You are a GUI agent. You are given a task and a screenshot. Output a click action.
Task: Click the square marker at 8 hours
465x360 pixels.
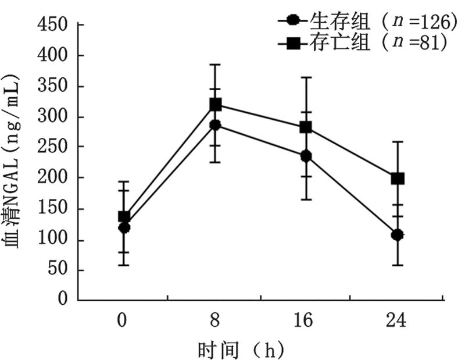215,105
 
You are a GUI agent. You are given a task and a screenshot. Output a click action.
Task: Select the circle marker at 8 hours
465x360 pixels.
215,125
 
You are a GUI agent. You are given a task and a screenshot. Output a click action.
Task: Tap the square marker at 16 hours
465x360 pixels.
305,127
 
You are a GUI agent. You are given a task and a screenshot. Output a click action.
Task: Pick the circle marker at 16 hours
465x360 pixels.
305,156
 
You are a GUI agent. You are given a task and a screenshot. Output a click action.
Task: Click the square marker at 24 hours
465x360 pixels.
398,179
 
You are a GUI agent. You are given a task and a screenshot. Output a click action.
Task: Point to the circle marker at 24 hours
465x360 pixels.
398,235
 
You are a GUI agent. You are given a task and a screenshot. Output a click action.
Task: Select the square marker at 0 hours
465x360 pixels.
124,216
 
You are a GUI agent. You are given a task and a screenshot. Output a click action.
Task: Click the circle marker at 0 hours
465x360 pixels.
124,227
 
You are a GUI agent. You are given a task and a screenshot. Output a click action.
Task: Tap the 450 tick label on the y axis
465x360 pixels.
53,25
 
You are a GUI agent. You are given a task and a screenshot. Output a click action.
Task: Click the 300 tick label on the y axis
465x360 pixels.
53,116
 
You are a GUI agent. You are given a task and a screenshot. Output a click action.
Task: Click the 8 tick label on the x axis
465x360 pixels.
215,320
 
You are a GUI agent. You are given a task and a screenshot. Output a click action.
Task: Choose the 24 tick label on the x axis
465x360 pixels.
398,320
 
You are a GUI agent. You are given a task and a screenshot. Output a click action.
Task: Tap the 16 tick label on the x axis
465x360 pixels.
305,320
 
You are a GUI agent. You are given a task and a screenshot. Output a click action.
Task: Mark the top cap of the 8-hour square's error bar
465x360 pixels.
215,65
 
